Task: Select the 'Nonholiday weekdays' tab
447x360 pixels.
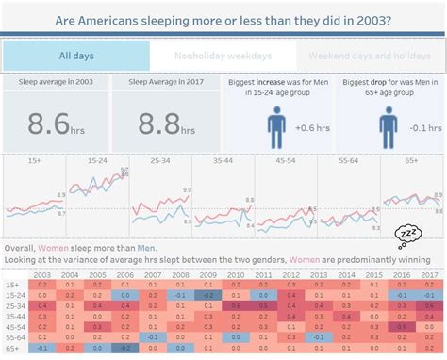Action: (223, 56)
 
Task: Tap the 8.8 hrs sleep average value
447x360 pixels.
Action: (163, 123)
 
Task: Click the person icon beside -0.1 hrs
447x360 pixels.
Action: (388, 126)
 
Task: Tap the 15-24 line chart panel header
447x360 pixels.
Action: (96, 162)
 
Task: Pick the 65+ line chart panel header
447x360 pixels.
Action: (412, 162)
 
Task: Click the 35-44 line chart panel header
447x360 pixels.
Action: (223, 162)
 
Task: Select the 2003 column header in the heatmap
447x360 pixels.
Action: (42, 274)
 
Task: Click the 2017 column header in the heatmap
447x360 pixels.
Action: (429, 274)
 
